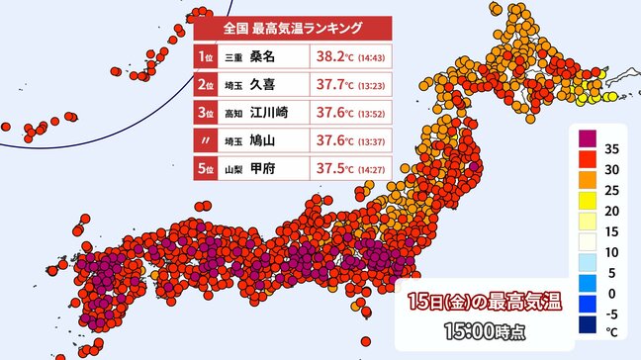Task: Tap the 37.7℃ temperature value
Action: [x=336, y=85]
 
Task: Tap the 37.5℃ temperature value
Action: [x=336, y=168]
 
